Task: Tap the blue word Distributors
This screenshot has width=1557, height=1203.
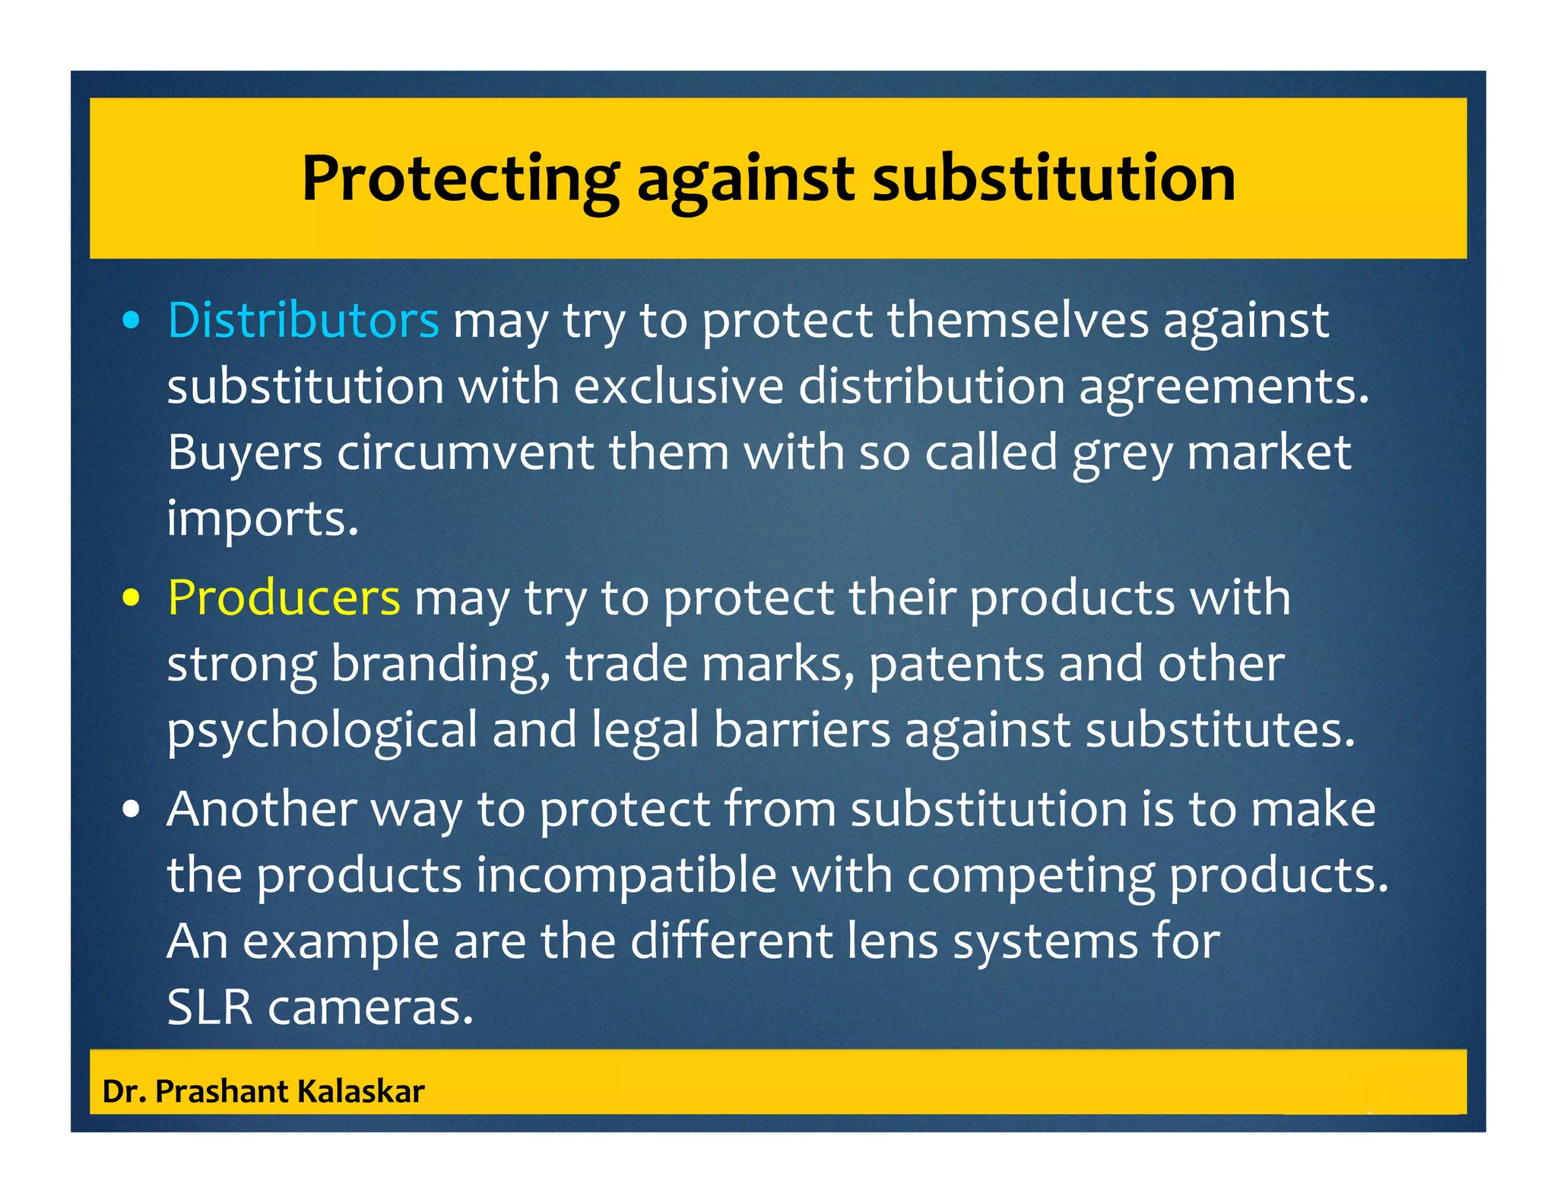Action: click(303, 319)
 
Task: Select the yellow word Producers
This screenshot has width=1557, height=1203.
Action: click(284, 597)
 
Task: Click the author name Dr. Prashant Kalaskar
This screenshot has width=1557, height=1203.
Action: click(263, 1091)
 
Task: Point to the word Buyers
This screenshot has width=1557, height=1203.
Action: click(245, 453)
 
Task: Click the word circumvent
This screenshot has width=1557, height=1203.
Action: click(465, 453)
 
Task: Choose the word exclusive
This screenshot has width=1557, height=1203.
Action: click(678, 386)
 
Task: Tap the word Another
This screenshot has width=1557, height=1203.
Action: click(262, 808)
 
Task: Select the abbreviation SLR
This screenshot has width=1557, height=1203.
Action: click(209, 1008)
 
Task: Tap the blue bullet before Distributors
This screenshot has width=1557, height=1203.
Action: click(132, 322)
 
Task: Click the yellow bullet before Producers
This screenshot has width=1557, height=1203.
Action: click(132, 598)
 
